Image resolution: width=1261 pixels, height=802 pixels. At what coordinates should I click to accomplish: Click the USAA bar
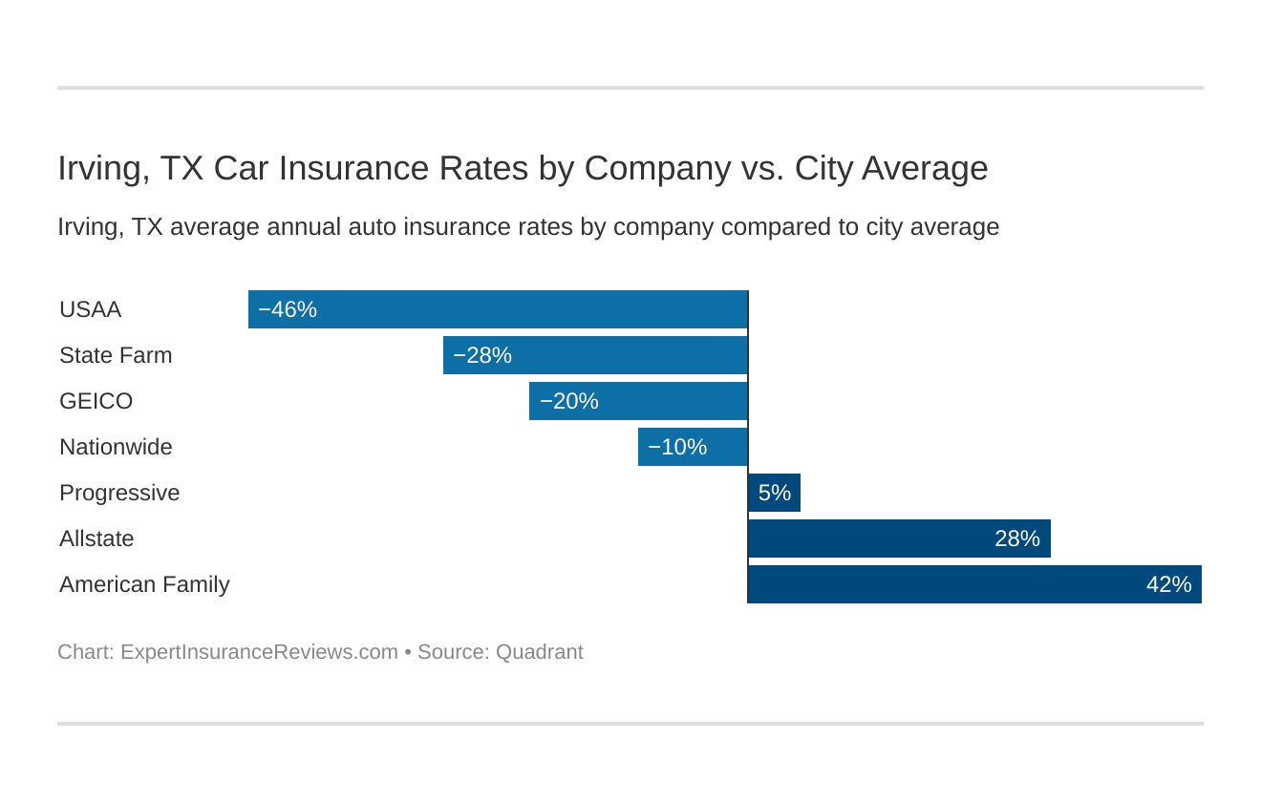point(498,309)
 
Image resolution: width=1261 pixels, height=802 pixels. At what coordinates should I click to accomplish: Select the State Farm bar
point(595,355)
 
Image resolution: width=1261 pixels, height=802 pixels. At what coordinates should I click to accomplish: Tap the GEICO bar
point(638,401)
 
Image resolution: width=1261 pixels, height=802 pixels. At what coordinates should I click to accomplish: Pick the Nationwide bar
point(693,447)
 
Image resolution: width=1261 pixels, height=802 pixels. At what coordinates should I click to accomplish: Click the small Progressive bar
point(775,493)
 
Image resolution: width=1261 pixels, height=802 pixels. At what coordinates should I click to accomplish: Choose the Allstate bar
point(899,538)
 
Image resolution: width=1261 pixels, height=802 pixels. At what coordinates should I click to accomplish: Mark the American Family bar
point(974,584)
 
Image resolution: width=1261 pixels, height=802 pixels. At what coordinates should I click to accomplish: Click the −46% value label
point(288,309)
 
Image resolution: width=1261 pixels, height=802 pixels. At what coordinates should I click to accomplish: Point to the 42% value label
point(1168,584)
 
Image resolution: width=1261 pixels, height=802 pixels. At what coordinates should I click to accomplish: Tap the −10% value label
point(677,447)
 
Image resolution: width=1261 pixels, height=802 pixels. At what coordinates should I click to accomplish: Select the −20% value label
point(568,401)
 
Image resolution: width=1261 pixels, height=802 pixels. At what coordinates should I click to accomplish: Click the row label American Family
point(144,584)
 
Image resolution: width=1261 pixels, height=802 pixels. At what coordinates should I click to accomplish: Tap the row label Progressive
point(119,493)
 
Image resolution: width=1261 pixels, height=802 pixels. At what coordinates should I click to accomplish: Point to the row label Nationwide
point(116,447)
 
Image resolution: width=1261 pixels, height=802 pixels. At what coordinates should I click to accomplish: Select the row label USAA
point(91,309)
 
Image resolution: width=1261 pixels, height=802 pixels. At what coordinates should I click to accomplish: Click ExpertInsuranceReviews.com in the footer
point(259,652)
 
